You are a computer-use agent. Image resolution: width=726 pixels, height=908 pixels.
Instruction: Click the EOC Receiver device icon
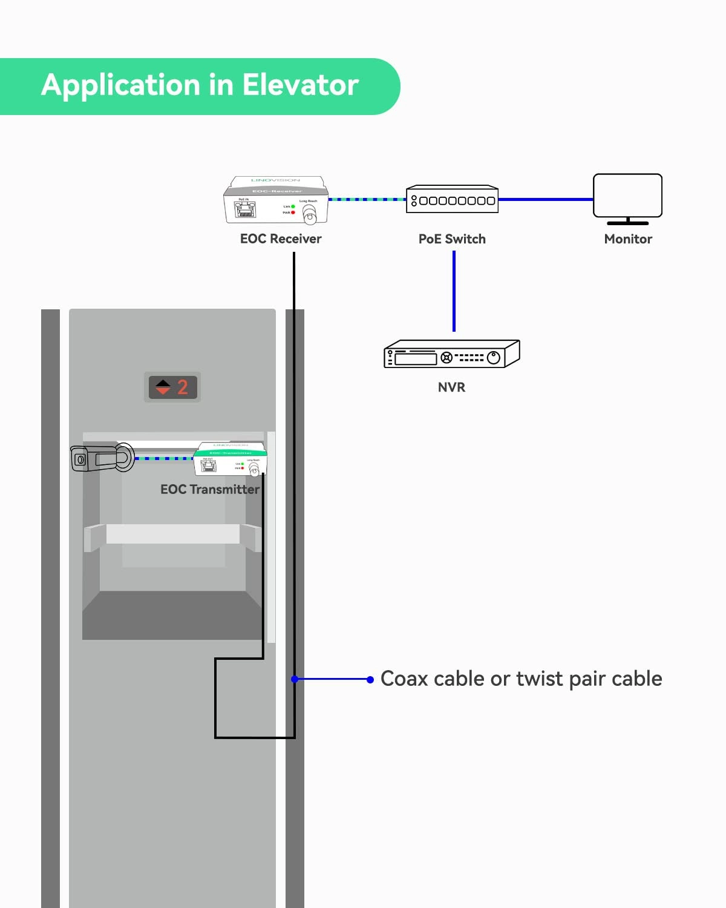[276, 200]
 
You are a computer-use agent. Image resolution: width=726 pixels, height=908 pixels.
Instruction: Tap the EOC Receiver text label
[281, 239]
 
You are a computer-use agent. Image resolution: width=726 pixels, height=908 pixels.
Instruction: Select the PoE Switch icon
[452, 199]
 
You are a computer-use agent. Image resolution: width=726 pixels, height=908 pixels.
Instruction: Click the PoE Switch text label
[452, 239]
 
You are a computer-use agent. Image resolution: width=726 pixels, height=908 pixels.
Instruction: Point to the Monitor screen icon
[627, 197]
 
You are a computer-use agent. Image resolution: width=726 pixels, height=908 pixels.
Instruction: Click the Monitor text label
[628, 239]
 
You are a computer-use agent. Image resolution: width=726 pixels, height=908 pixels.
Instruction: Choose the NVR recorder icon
[451, 354]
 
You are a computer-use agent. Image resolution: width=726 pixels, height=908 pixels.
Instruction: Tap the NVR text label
[451, 387]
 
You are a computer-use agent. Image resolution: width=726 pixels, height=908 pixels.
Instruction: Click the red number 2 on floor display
[183, 387]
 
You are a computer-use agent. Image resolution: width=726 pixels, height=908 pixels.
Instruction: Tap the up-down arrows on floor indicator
[163, 387]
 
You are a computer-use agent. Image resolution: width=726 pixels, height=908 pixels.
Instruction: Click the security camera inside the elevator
[102, 458]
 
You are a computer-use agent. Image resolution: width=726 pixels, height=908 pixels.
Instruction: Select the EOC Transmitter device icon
[231, 459]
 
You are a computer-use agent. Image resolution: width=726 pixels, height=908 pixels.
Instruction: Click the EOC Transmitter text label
[209, 489]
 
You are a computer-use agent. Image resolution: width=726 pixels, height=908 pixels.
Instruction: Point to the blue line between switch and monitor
[544, 199]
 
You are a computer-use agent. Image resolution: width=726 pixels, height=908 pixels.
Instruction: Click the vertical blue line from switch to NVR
[454, 291]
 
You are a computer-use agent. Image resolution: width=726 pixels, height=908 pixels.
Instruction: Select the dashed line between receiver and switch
[367, 199]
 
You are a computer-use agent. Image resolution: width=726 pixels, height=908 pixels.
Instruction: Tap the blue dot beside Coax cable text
[370, 680]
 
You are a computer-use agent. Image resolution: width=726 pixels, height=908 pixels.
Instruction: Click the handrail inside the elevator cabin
[173, 534]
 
